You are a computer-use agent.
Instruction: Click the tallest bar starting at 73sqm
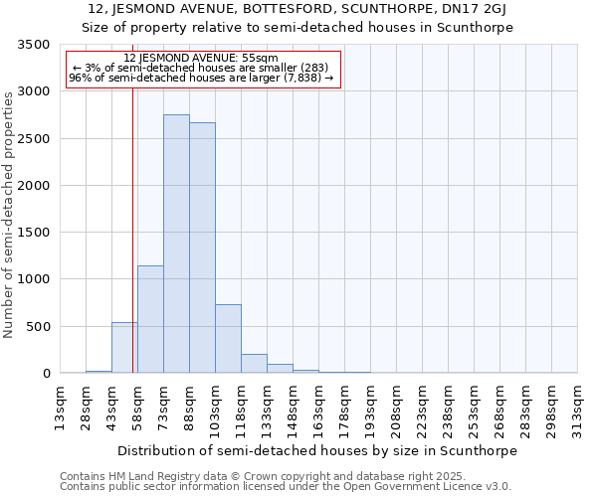tap(176, 244)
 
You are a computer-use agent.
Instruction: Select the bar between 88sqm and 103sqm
tap(202, 248)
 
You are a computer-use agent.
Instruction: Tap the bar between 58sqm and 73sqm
tap(150, 319)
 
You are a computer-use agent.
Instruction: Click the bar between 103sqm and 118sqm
tap(228, 339)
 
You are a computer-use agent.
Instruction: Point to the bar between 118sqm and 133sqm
tap(254, 364)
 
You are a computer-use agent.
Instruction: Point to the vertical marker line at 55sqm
tap(132, 229)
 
